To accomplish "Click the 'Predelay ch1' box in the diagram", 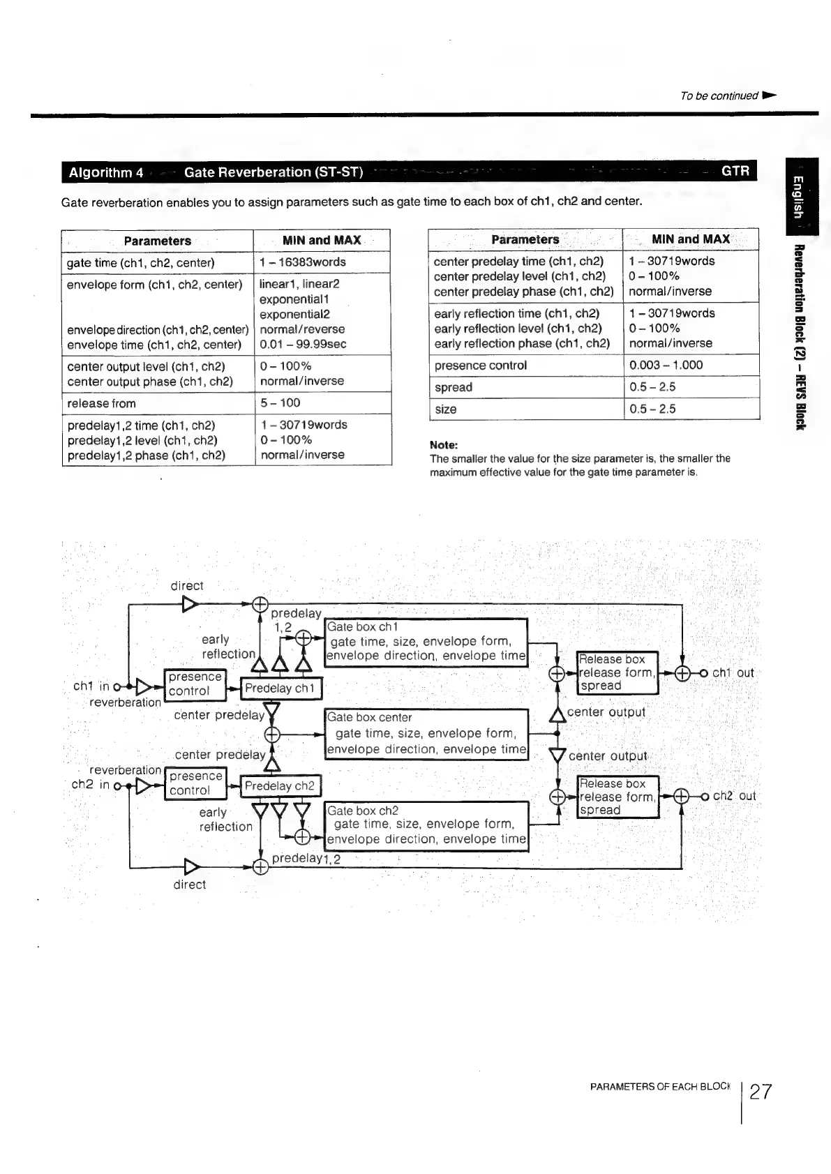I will click(x=280, y=688).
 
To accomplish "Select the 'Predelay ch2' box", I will click(x=280, y=786).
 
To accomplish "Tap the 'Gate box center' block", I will click(x=427, y=733).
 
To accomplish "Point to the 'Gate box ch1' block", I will click(x=427, y=642).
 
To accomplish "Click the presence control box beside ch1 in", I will click(x=195, y=684).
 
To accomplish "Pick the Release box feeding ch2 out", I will click(x=617, y=797).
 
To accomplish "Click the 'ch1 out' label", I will click(x=733, y=673).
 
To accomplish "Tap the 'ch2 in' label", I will click(x=91, y=785).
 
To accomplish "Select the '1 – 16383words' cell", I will click(x=303, y=262).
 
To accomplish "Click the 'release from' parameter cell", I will click(x=102, y=403).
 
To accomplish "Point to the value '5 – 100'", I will click(x=280, y=403).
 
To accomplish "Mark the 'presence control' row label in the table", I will click(x=481, y=366).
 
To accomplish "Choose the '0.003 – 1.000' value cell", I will click(x=666, y=365).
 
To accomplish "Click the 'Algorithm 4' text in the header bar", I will click(x=106, y=172).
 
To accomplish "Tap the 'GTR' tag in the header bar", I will click(x=735, y=172).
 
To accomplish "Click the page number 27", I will click(x=761, y=1092).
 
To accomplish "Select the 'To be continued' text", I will click(x=719, y=96).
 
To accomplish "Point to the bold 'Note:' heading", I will click(x=444, y=445).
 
